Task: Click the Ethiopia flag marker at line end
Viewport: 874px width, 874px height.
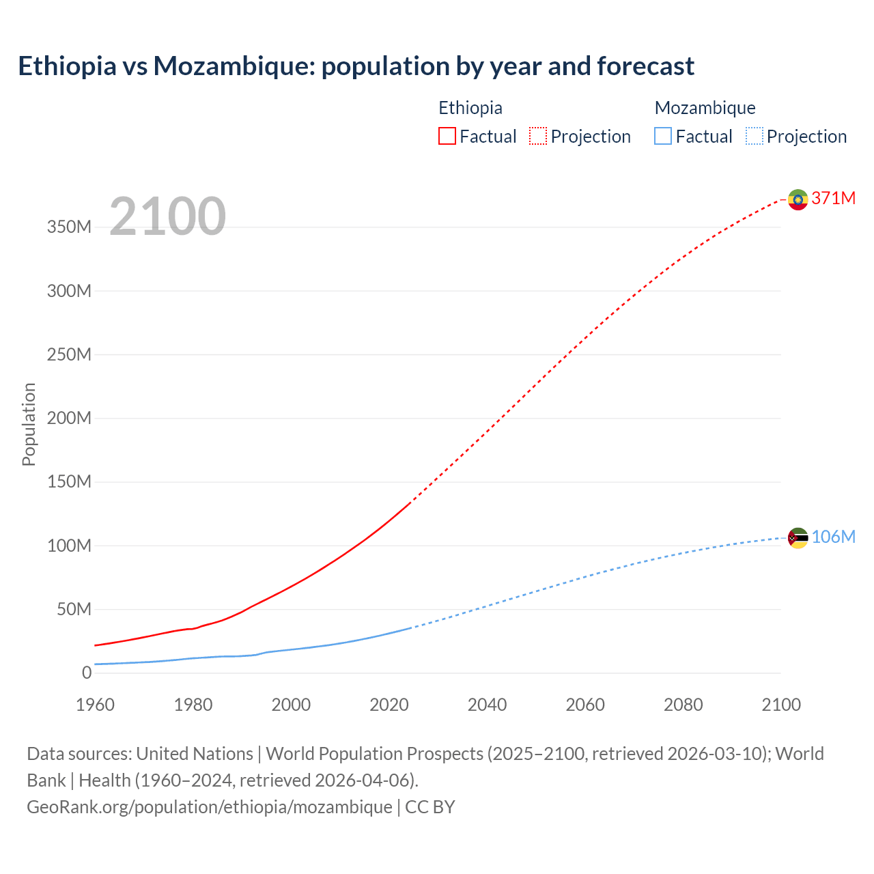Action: (x=798, y=199)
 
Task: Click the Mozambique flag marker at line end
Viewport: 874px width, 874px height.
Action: (x=798, y=538)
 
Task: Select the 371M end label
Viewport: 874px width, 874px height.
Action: (x=833, y=198)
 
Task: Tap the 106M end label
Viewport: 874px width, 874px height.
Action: (x=833, y=537)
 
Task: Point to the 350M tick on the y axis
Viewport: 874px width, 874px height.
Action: (x=69, y=227)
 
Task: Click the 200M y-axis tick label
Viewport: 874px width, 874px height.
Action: (x=69, y=418)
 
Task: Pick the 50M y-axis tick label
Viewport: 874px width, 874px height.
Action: (x=74, y=609)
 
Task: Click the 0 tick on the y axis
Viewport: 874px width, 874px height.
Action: (x=87, y=673)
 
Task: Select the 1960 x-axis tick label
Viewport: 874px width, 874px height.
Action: (x=95, y=705)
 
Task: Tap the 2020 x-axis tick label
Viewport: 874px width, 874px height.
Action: (x=389, y=705)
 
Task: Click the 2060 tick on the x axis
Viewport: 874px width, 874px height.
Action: (x=585, y=705)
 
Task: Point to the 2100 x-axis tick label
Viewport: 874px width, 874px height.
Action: (x=781, y=705)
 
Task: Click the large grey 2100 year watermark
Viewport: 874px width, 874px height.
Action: (x=167, y=216)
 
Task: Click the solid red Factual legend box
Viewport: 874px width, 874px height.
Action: (x=447, y=136)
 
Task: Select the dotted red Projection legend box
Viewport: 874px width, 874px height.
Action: (x=538, y=136)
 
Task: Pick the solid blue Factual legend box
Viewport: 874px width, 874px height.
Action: (x=663, y=136)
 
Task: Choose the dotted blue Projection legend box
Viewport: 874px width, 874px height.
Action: (x=754, y=136)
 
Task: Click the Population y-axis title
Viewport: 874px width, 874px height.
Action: (x=29, y=424)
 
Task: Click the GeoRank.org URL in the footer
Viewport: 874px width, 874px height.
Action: (x=210, y=807)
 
